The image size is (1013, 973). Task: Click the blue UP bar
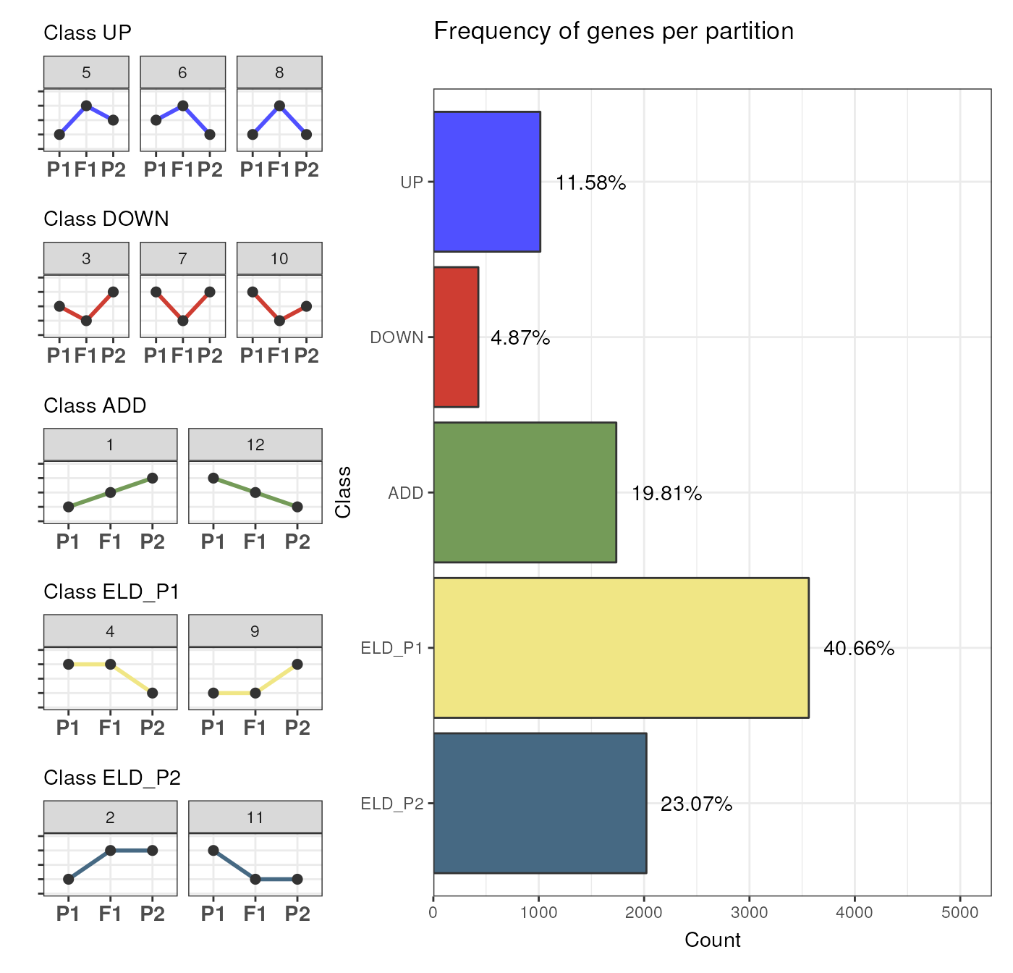click(x=487, y=182)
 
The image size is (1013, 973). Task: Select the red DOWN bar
click(x=456, y=337)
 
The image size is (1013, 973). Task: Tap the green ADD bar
click(x=525, y=492)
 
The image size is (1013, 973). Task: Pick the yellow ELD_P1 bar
click(x=621, y=648)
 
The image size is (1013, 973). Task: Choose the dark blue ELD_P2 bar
click(x=540, y=803)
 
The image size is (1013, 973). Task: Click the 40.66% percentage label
click(x=859, y=649)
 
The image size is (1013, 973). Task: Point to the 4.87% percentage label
click(x=520, y=338)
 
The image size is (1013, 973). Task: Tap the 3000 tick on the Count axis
click(x=750, y=913)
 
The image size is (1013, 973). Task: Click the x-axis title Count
click(x=712, y=940)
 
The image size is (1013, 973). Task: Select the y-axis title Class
click(x=343, y=492)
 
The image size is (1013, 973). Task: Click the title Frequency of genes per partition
click(x=614, y=31)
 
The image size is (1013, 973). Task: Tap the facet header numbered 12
click(x=255, y=445)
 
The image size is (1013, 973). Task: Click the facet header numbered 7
click(x=182, y=258)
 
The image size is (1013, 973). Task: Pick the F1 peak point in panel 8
click(x=279, y=106)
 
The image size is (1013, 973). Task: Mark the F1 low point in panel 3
click(x=86, y=321)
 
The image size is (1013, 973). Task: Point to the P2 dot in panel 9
click(x=297, y=664)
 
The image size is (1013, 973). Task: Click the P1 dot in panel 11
click(x=213, y=850)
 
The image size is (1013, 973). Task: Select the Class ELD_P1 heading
click(x=111, y=591)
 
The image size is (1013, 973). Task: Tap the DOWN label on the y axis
click(x=397, y=337)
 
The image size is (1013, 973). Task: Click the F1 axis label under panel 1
click(x=110, y=542)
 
